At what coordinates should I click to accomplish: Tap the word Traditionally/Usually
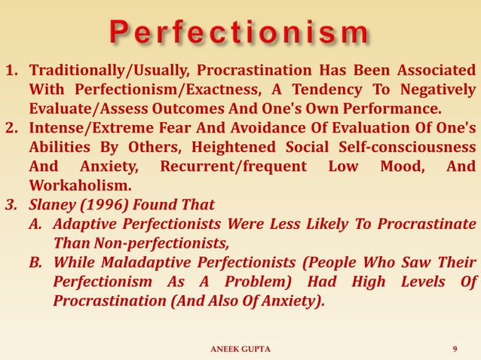tap(107, 72)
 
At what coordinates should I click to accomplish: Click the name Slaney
tap(52, 204)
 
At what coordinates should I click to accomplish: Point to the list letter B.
tap(35, 263)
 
